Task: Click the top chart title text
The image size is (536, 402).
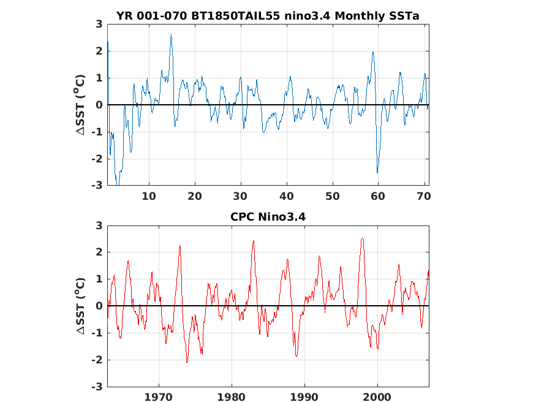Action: point(268,16)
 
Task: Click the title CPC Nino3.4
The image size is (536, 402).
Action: point(268,216)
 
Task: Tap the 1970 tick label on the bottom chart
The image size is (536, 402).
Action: point(159,396)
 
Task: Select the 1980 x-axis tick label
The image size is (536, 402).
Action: point(232,396)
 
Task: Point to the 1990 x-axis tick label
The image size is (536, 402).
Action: point(304,396)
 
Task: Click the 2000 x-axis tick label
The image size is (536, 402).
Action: point(377,396)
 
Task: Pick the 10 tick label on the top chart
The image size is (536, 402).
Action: point(149,196)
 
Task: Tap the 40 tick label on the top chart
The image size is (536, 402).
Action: point(287,196)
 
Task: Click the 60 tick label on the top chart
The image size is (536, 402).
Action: point(379,196)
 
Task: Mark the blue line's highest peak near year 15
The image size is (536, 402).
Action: point(171,34)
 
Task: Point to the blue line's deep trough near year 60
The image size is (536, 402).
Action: point(377,172)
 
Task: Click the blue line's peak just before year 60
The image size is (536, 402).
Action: point(372,52)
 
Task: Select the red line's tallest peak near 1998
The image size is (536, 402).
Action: point(362,238)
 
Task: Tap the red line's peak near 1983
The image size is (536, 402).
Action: point(253,241)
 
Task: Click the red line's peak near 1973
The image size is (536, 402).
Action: point(180,246)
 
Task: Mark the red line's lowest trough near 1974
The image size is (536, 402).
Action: point(187,362)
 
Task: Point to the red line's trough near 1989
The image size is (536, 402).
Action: point(296,355)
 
